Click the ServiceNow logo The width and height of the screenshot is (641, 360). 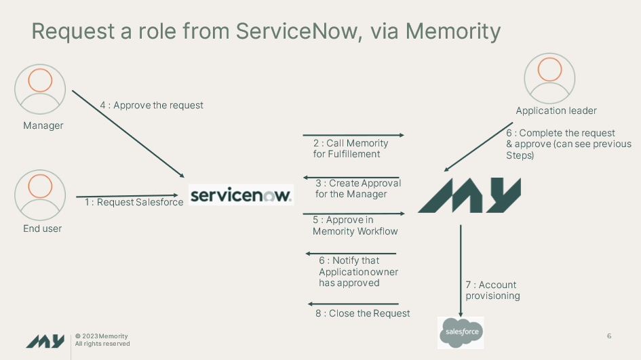[x=241, y=195]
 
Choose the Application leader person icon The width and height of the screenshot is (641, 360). [x=549, y=79]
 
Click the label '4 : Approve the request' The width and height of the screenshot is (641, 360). [x=151, y=105]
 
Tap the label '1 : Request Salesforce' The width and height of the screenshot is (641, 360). [x=134, y=202]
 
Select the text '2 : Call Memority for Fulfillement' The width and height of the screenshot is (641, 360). [x=350, y=148]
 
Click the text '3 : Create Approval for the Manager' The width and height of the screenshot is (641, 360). [x=358, y=188]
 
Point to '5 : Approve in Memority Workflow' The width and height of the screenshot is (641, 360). [x=355, y=226]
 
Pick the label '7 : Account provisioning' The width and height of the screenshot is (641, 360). [x=492, y=290]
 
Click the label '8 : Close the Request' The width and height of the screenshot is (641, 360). [x=362, y=313]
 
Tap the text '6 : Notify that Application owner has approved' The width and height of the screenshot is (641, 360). [x=358, y=271]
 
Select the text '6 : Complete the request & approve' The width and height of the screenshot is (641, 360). [x=568, y=144]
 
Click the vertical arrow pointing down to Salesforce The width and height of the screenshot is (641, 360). [x=461, y=268]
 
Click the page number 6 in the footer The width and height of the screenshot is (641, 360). [x=608, y=336]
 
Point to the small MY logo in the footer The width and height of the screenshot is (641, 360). [x=45, y=341]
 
